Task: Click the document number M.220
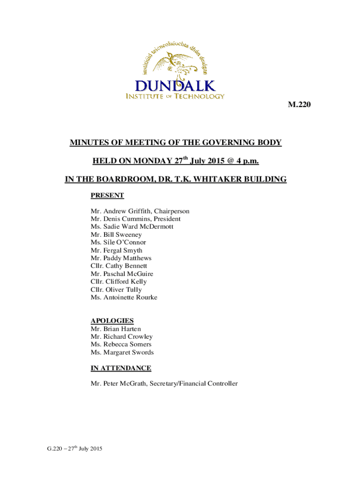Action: (299, 105)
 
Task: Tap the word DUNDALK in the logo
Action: (175, 86)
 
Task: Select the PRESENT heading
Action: (107, 196)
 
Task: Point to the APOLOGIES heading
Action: (112, 320)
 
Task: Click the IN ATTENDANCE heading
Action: (121, 368)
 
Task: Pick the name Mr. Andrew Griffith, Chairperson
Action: (140, 211)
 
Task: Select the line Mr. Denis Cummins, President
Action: (136, 219)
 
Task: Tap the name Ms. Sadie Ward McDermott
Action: (132, 227)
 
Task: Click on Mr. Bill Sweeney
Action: (116, 235)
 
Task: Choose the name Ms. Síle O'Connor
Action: (118, 242)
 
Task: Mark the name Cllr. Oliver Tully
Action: (116, 290)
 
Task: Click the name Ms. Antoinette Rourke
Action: (124, 298)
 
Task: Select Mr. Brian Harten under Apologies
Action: (115, 329)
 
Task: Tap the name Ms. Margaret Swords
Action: (122, 352)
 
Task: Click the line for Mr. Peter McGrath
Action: (164, 384)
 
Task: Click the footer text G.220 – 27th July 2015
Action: (71, 449)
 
